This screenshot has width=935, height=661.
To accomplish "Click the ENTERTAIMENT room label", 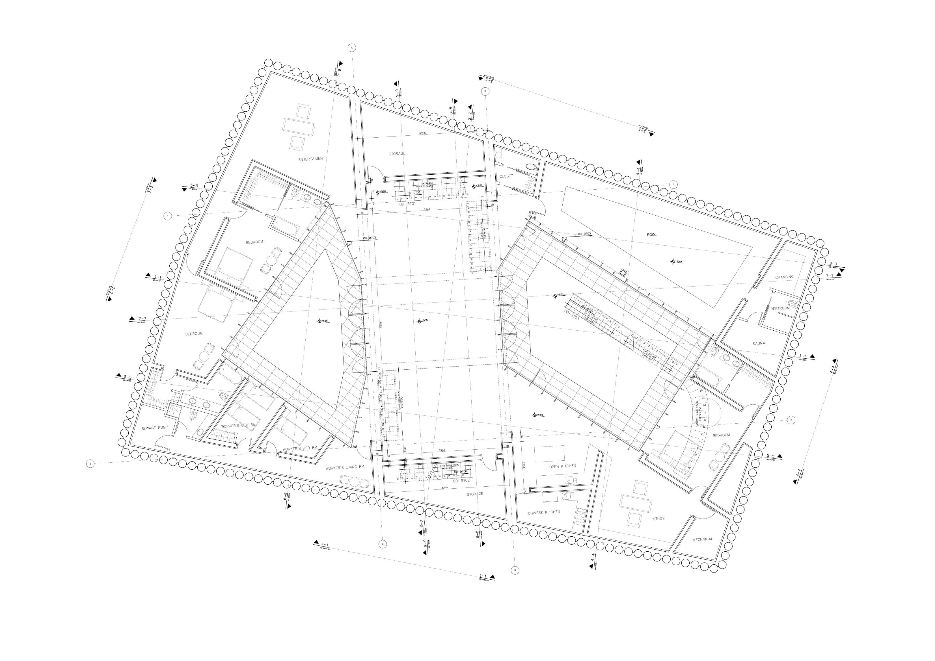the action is pos(312,159).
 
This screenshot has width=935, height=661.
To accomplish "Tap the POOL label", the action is pos(652,235).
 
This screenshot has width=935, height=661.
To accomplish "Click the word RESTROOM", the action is pos(779,309).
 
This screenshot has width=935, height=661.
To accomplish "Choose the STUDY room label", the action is pos(658,519).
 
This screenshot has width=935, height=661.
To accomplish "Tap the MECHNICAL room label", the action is pos(703,539).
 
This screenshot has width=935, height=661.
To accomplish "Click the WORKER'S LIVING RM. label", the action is pos(345,468).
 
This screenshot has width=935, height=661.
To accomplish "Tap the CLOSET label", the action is pos(506,176).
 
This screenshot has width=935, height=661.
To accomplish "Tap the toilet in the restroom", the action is pos(791,303).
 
